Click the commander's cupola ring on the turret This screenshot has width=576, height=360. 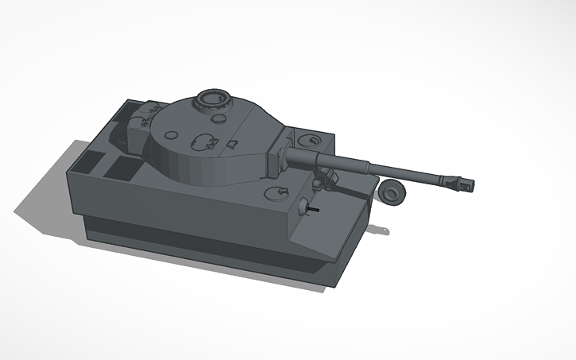(x=212, y=99)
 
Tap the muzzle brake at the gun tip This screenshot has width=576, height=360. (x=460, y=184)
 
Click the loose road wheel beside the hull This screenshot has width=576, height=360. (x=392, y=192)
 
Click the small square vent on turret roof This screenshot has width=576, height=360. (x=232, y=144)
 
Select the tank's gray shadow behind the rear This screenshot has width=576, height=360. (x=48, y=199)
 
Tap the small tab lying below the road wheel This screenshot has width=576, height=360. (x=382, y=230)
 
